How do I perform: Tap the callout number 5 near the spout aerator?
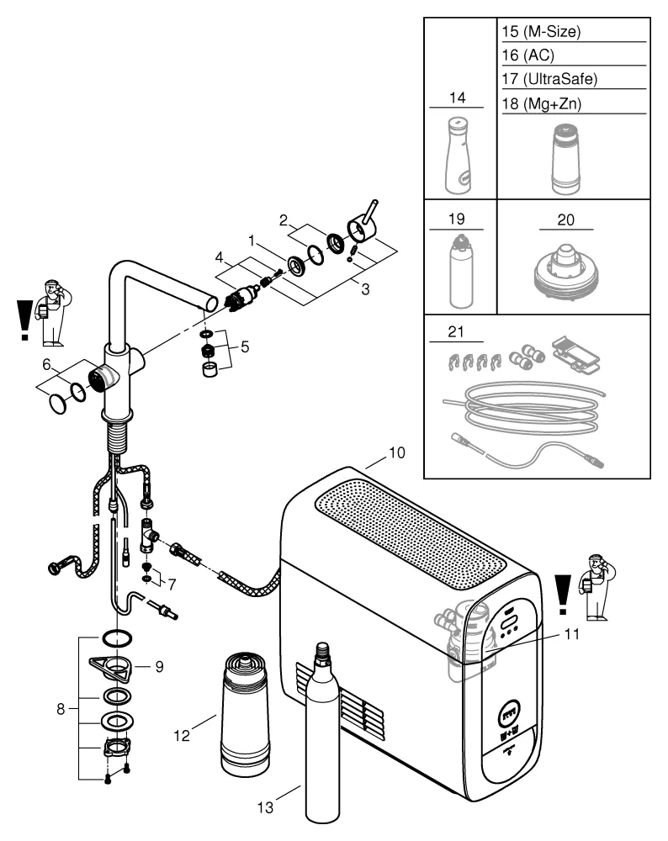245,345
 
